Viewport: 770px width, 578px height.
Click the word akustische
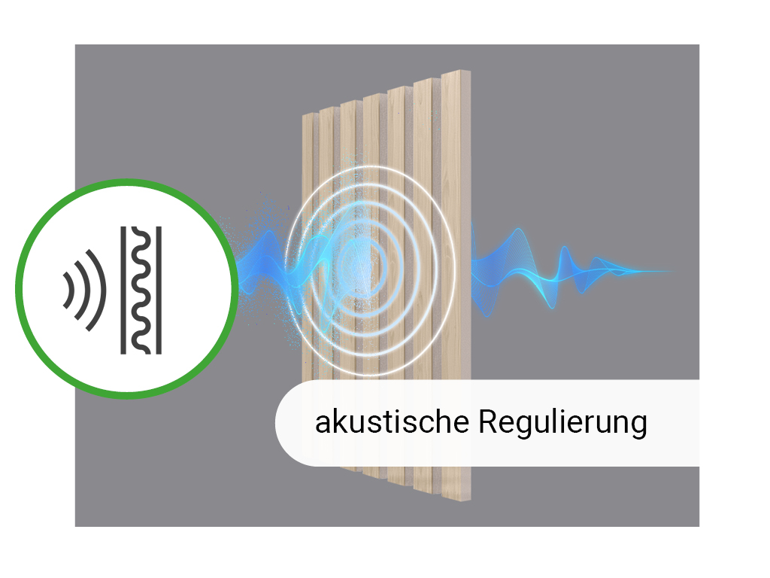click(x=392, y=421)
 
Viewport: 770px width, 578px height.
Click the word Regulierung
click(x=562, y=423)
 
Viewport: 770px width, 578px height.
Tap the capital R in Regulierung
click(x=488, y=421)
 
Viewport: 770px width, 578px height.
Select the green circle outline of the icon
click(x=126, y=288)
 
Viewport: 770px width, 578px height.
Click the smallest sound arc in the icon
click(x=68, y=290)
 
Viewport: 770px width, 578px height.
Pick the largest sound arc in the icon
click(x=96, y=290)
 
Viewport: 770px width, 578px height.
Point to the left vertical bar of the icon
click(x=123, y=290)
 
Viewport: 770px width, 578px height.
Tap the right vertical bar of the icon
click(x=159, y=290)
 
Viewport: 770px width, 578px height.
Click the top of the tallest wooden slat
click(x=456, y=73)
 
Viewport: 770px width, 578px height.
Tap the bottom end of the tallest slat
click(x=456, y=498)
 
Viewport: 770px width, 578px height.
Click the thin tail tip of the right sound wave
click(x=671, y=271)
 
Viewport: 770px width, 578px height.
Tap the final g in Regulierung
click(x=639, y=426)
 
